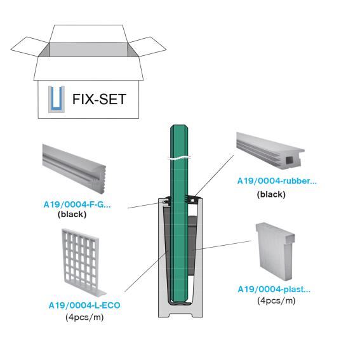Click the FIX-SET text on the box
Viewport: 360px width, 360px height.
pos(99,99)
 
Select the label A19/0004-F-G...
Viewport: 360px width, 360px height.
pos(77,204)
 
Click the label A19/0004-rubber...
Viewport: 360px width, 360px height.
pos(277,181)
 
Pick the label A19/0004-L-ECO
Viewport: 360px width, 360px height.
pos(84,305)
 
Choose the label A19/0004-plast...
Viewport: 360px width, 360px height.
pos(274,290)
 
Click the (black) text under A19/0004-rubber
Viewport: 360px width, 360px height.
pos(271,194)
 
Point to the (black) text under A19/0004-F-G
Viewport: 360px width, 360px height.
pos(72,215)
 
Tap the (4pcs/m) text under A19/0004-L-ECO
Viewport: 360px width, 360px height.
pos(84,317)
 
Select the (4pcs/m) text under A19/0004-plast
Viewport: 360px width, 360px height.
pos(276,300)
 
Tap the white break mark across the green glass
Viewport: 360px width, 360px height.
pos(179,158)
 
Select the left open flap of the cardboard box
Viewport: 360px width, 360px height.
pos(29,47)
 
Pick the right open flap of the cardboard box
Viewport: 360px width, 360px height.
pos(147,46)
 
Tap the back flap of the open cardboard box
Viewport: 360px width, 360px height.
pos(88,34)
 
